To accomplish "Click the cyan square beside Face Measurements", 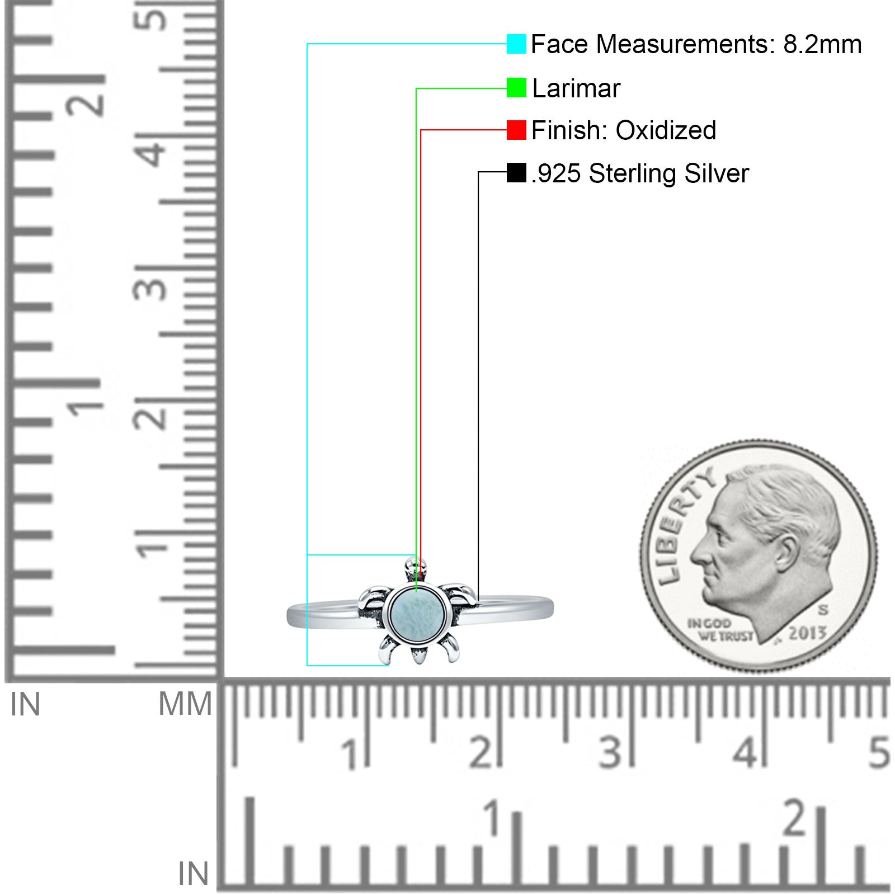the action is (x=516, y=44).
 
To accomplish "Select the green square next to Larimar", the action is (x=516, y=87).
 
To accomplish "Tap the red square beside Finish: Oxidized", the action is (x=516, y=130).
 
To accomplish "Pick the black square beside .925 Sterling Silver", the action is (x=516, y=172).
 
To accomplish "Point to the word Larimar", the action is (x=576, y=88).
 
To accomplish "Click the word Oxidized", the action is (x=666, y=130).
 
